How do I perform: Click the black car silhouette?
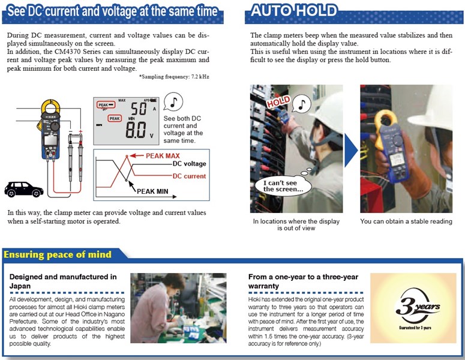(x=24, y=189)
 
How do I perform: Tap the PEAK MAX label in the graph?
(x=163, y=155)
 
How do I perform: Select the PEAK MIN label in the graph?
(x=152, y=191)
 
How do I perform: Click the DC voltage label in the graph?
(x=189, y=164)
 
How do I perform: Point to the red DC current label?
(x=189, y=176)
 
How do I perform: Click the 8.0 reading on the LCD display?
(x=136, y=130)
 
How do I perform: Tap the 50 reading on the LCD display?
(x=139, y=108)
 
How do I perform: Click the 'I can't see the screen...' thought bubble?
(x=283, y=186)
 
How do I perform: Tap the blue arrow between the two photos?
(x=351, y=150)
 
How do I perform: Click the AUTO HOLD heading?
(x=294, y=11)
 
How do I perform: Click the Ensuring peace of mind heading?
(x=58, y=254)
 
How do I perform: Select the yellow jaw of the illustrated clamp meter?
(x=50, y=112)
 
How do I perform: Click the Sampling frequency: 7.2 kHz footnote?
(x=174, y=77)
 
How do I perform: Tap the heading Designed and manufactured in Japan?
(x=63, y=281)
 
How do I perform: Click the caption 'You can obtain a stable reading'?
(x=406, y=221)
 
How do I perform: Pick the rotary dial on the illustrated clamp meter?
(x=55, y=127)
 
